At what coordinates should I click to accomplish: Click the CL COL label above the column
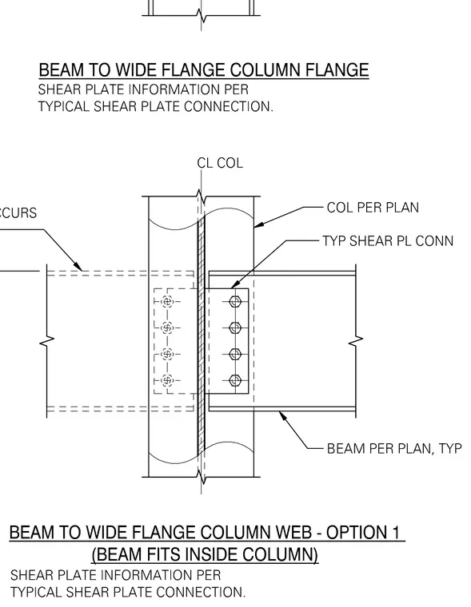click(220, 163)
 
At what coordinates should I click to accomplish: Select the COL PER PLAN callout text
click(373, 208)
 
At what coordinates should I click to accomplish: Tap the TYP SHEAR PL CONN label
click(388, 241)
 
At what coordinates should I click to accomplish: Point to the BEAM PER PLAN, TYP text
click(394, 449)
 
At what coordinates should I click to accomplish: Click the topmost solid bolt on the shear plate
click(235, 302)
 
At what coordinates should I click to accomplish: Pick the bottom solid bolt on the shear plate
click(235, 381)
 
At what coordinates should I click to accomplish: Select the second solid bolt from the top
click(235, 328)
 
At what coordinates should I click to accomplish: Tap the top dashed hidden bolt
click(167, 302)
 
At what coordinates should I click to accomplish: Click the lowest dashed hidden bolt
click(167, 381)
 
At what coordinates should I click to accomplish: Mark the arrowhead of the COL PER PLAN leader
click(258, 224)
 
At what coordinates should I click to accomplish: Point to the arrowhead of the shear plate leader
click(234, 285)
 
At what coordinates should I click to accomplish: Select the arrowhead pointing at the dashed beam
click(78, 267)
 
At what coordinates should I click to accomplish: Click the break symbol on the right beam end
click(356, 340)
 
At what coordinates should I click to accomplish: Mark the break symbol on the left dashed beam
click(47, 340)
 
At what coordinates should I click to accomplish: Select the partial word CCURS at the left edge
click(18, 213)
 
